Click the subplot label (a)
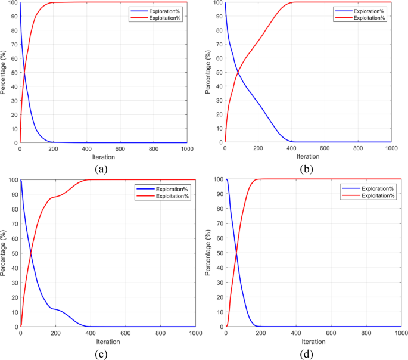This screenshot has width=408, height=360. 100,169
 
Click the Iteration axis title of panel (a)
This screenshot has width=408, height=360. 103,157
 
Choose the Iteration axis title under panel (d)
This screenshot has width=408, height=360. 313,341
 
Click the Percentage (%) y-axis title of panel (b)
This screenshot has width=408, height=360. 208,73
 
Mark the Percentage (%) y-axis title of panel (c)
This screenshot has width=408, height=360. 4,253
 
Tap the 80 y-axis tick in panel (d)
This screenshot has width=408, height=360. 219,209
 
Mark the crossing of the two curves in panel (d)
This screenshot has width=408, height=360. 236,253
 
